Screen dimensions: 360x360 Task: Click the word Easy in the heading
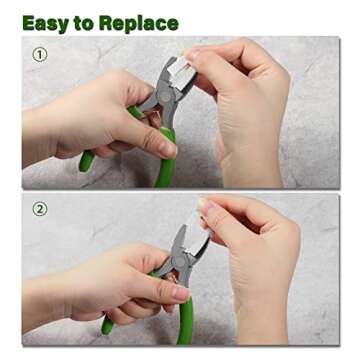tap(45, 24)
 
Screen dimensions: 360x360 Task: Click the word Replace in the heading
tap(139, 24)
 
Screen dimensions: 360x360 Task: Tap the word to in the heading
tap(83, 23)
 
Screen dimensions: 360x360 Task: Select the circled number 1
tap(40, 55)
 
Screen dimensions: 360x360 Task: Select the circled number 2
tap(40, 209)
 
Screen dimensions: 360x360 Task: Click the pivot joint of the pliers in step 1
tap(165, 96)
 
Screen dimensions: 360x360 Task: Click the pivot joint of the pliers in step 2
tap(180, 260)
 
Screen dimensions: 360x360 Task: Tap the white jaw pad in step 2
tap(197, 234)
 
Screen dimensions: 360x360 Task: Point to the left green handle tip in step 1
tap(86, 162)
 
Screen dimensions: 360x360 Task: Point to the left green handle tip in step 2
tap(108, 325)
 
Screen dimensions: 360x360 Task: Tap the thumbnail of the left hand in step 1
tap(168, 149)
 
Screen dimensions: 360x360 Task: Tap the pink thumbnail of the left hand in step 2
tap(182, 293)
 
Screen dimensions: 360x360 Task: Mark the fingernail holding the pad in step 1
tap(193, 54)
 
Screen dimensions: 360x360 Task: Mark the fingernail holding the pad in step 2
tap(206, 207)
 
